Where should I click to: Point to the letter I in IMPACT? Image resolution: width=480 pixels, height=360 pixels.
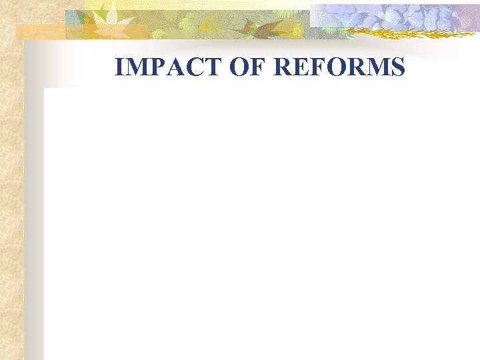(119, 67)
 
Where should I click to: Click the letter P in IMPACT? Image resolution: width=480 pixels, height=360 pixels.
(149, 67)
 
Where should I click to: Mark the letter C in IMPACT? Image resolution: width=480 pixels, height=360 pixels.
(178, 67)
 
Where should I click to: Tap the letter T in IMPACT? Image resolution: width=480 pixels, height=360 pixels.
(193, 67)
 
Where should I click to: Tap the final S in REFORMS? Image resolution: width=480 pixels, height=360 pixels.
(398, 67)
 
